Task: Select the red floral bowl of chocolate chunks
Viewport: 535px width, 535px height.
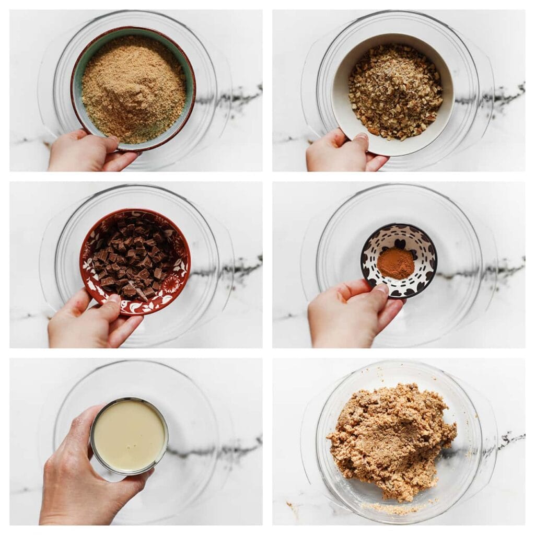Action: coord(134,261)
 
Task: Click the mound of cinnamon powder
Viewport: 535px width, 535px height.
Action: coord(396,262)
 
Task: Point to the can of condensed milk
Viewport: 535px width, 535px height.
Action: coord(129,436)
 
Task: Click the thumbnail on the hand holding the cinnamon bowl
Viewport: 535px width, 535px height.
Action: coord(383,287)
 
